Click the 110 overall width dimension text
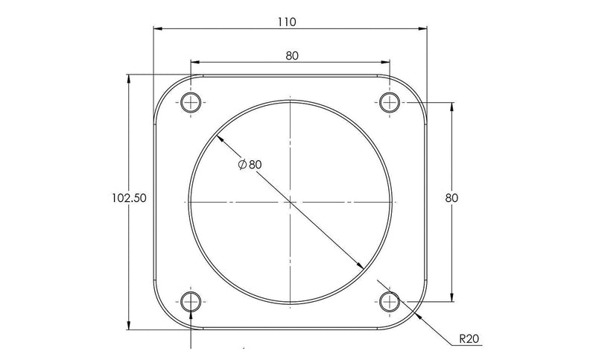287,22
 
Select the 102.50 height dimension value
128,198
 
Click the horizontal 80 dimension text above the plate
292,55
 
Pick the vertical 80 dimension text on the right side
451,198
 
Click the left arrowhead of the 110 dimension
158,29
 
